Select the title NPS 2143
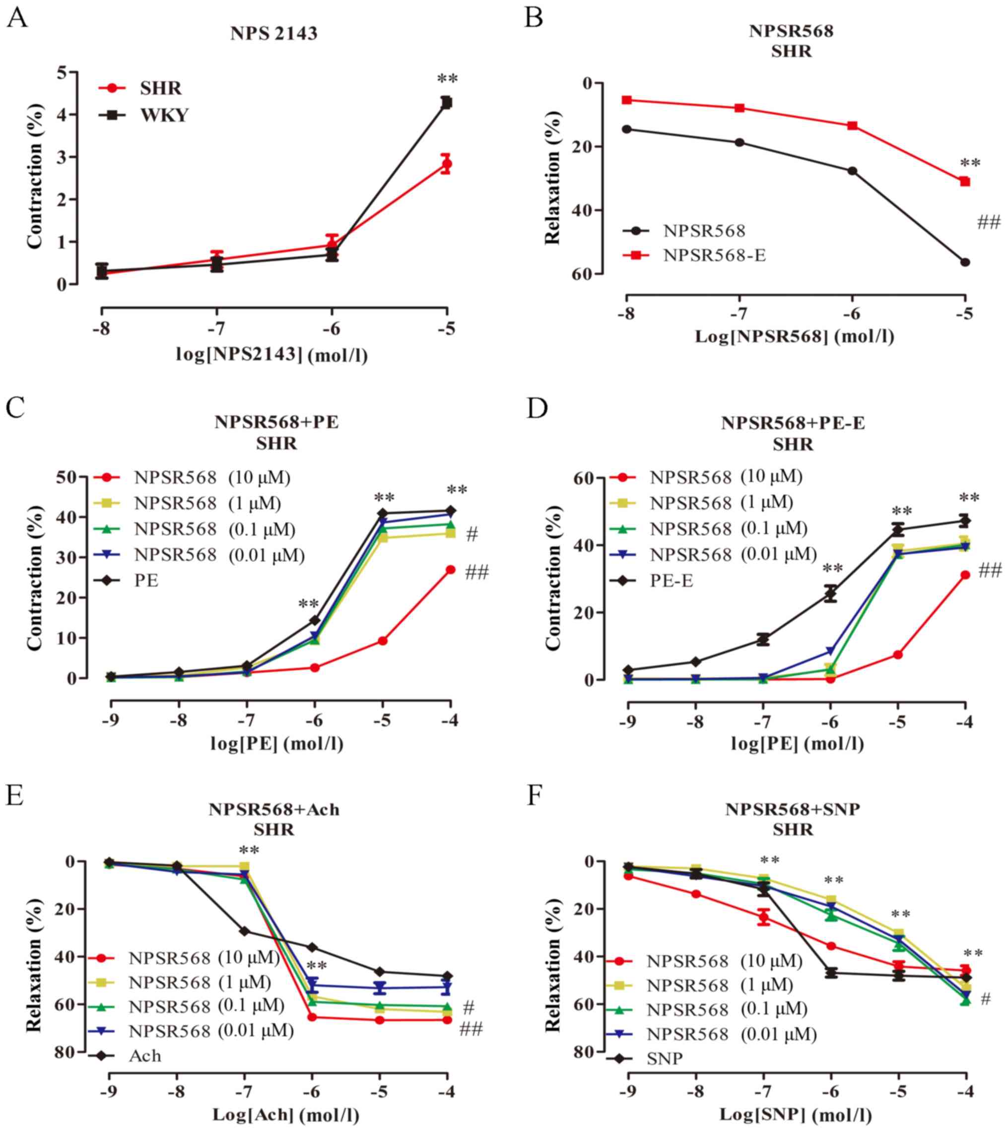point(274,34)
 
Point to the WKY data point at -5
point(446,102)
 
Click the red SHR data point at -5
point(446,164)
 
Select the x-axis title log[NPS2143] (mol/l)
point(271,354)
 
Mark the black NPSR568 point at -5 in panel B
point(965,262)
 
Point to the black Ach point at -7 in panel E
point(244,931)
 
